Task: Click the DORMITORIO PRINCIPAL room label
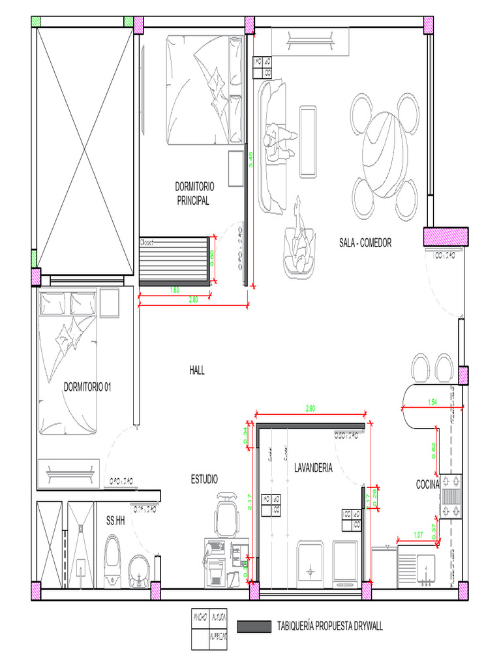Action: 194,193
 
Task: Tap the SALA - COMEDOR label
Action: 365,243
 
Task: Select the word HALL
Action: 197,370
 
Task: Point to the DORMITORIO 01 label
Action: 87,387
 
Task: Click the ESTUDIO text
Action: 204,479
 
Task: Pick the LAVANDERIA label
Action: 313,468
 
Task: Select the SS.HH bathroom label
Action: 115,521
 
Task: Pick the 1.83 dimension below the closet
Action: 175,289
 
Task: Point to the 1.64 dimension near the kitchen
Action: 432,402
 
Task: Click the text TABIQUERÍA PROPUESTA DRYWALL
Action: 330,627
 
